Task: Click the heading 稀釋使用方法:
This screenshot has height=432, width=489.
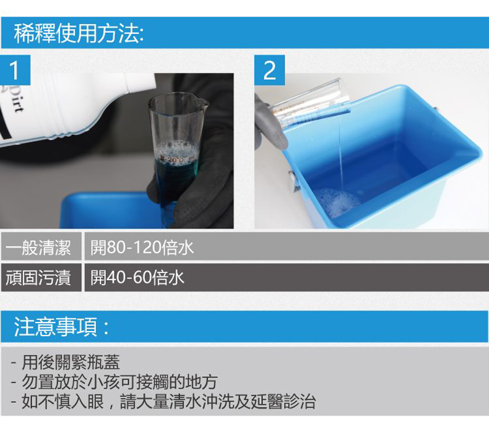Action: pos(79,33)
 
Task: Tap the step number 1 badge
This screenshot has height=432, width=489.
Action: pos(15,70)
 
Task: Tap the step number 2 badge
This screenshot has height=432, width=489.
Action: pos(269,70)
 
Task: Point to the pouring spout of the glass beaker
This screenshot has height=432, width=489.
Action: pos(204,103)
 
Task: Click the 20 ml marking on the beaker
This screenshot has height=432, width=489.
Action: pos(178,160)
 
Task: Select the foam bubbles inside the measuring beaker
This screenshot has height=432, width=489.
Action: pos(176,149)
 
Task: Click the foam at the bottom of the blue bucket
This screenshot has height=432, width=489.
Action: pos(336,202)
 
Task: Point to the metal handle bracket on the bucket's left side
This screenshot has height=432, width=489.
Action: pos(292,181)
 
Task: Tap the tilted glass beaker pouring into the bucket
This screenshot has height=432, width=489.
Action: pos(309,103)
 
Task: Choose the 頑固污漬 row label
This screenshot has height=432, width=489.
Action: pos(38,277)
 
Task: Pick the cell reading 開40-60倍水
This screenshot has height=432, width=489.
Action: pos(137,277)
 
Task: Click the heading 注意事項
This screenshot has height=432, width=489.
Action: pos(61,327)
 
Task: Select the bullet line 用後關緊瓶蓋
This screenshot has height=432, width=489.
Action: pos(66,362)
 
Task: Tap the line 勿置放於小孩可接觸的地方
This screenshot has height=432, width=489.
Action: pos(114,382)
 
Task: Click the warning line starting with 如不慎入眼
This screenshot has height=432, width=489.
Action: pos(163,401)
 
